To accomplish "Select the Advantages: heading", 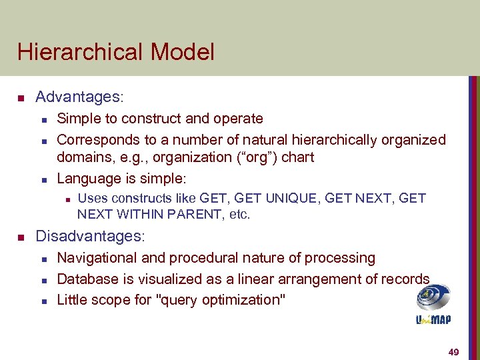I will coord(79,97).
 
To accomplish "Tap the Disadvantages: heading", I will coord(89,236).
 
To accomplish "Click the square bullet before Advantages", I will coord(21,99).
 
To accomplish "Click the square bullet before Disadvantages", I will coord(21,237).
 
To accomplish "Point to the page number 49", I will coord(454,351).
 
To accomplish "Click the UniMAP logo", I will coord(433,304).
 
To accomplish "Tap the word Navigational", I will coord(97,258).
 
